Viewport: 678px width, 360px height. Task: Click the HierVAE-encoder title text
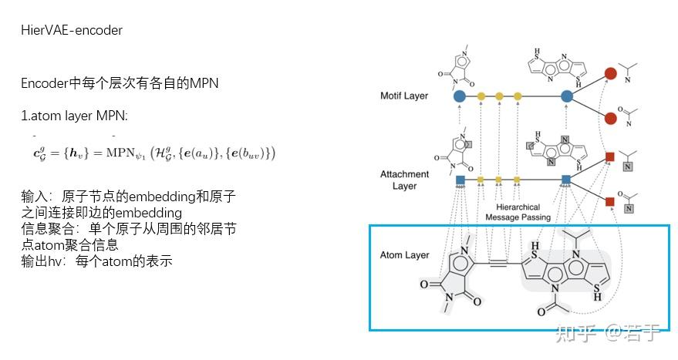coord(72,31)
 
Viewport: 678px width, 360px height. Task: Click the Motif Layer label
coord(404,96)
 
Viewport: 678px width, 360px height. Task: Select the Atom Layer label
coord(404,255)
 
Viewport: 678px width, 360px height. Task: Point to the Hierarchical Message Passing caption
coord(518,212)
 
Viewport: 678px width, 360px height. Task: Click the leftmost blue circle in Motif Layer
coord(460,96)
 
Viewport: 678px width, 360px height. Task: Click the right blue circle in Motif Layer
coord(567,96)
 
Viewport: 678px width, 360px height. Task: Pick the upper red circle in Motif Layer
coord(610,75)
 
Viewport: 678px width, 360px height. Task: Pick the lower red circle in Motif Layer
coord(610,118)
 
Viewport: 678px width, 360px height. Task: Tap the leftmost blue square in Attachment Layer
coord(460,180)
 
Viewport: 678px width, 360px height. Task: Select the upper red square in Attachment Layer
coord(609,158)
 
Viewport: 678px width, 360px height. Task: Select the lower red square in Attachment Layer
coord(609,202)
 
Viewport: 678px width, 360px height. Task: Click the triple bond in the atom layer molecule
coord(497,264)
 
